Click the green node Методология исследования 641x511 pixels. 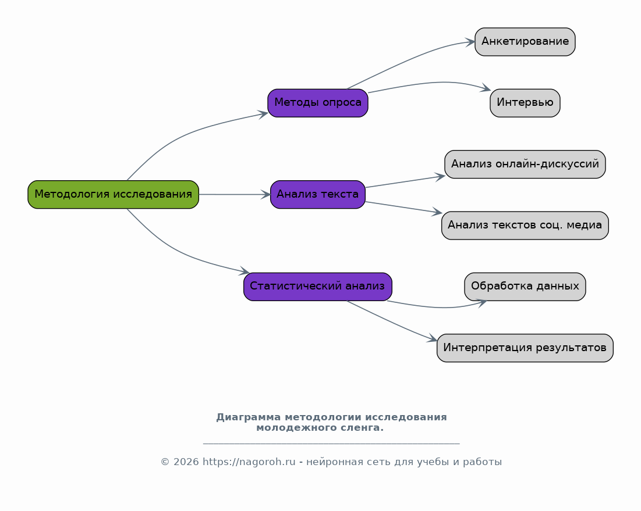point(113,194)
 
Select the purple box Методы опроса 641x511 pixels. point(318,103)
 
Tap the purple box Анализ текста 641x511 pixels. point(318,194)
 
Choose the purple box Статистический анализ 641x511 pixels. point(318,287)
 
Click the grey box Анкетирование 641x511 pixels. point(525,42)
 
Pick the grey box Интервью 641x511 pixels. point(525,103)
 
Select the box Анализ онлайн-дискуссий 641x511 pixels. point(525,164)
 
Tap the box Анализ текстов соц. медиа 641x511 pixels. point(525,226)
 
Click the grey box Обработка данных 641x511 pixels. point(525,287)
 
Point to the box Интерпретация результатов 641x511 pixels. point(525,348)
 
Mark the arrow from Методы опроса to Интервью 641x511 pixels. point(431,83)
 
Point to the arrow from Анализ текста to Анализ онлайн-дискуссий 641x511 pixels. point(405,181)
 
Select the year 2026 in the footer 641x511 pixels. point(186,462)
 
